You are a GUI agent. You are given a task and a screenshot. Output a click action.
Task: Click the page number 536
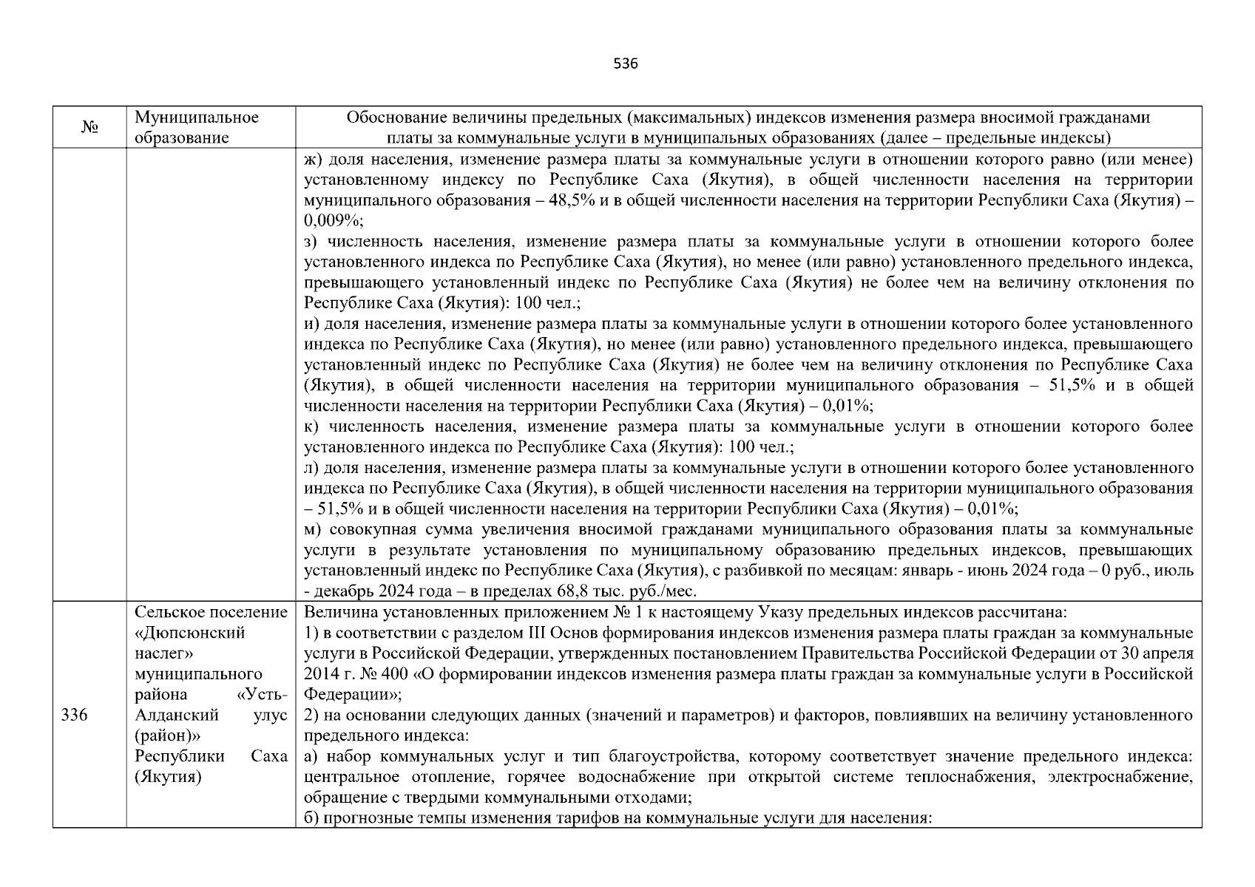(x=626, y=64)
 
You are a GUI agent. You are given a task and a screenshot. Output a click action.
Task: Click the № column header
(x=89, y=128)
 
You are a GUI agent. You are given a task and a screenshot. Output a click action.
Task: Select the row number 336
(x=74, y=716)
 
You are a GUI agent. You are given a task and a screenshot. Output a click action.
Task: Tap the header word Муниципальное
(x=196, y=118)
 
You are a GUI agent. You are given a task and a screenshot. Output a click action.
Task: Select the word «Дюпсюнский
(x=190, y=633)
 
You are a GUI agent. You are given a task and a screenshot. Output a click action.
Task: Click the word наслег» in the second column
(x=163, y=654)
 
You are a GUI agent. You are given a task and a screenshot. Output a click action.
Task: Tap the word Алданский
(x=177, y=716)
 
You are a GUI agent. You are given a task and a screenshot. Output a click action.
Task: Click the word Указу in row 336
(x=775, y=613)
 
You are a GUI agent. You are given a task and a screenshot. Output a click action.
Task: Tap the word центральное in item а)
(x=351, y=778)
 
